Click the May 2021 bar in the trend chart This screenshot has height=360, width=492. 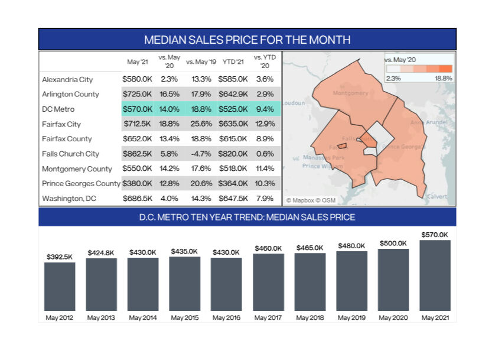pyautogui.click(x=435, y=275)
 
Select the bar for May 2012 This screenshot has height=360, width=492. pyautogui.click(x=60, y=287)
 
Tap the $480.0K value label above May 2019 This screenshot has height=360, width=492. pyautogui.click(x=351, y=245)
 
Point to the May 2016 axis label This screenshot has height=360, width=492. pyautogui.click(x=226, y=318)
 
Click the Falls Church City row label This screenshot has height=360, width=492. pyautogui.click(x=70, y=154)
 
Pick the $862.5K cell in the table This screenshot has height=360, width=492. pyautogui.click(x=137, y=154)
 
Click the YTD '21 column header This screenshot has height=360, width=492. pyautogui.click(x=233, y=61)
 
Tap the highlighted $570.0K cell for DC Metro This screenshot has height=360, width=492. pyautogui.click(x=137, y=109)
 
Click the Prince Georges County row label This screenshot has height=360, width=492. pyautogui.click(x=81, y=183)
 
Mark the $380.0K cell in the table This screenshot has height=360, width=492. pyautogui.click(x=137, y=183)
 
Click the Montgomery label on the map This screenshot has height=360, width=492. pyautogui.click(x=350, y=93)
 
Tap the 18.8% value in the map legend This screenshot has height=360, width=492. pyautogui.click(x=443, y=78)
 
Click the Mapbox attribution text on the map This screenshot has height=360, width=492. pyautogui.click(x=311, y=200)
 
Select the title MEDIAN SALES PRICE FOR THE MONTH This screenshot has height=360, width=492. pyautogui.click(x=247, y=40)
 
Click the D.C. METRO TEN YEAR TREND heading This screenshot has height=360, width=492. pyautogui.click(x=247, y=217)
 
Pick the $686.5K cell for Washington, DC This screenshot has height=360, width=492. pyautogui.click(x=137, y=198)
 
